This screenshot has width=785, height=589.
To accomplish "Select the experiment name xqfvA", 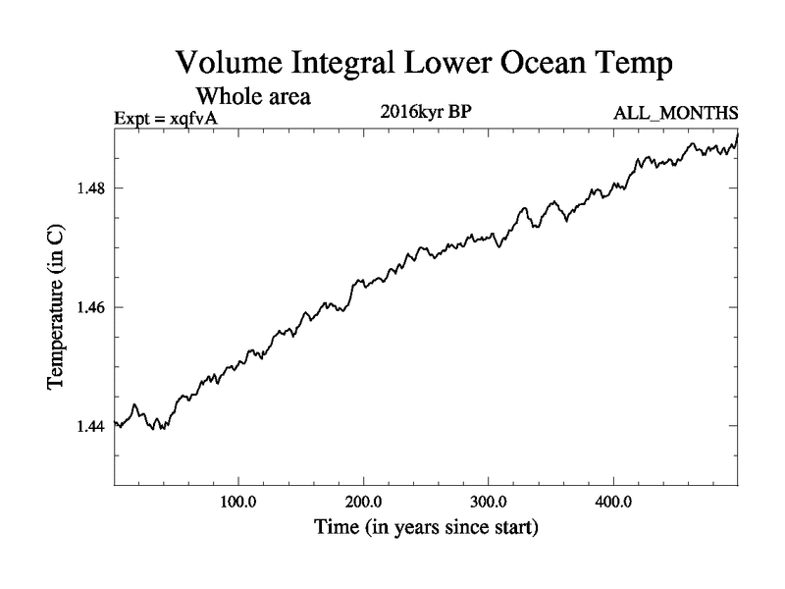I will coord(191,117).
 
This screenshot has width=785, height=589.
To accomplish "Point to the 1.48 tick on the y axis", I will coord(92,188).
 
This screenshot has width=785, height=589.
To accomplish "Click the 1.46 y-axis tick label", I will coord(92,307).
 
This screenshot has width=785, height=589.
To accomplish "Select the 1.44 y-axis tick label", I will coord(92,426).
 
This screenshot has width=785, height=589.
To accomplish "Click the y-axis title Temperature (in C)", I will coord(55,306).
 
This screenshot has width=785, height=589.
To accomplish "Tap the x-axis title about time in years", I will coord(426,528).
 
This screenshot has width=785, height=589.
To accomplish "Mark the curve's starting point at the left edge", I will coord(116,423).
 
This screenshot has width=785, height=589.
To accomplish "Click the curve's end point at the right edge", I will coord(738,134).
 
